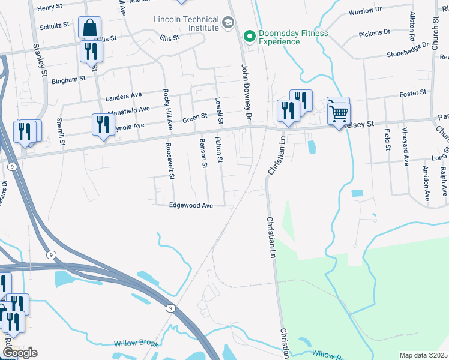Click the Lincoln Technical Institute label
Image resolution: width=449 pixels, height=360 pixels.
click(185, 23)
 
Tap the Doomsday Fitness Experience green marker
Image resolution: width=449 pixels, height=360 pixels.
click(250, 37)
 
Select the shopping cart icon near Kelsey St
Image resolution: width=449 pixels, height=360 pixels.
click(339, 111)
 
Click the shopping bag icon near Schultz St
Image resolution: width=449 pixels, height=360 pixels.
click(89, 28)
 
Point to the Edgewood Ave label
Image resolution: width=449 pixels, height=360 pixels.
click(191, 205)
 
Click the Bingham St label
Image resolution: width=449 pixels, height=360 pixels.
click(68, 79)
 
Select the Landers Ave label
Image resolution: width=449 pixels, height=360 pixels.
click(123, 96)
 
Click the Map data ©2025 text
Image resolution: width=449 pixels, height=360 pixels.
click(423, 355)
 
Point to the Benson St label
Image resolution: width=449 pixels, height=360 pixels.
click(204, 153)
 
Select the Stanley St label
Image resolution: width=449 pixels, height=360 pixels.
click(41, 60)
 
